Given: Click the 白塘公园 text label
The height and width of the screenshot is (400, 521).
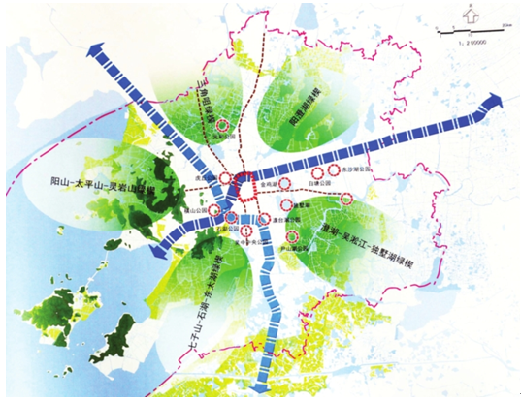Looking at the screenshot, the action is click(320, 181).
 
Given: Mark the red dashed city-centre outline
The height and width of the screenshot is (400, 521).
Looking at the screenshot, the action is click(242, 185).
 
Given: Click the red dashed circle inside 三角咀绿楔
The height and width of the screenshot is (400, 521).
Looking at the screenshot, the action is click(223, 123).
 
